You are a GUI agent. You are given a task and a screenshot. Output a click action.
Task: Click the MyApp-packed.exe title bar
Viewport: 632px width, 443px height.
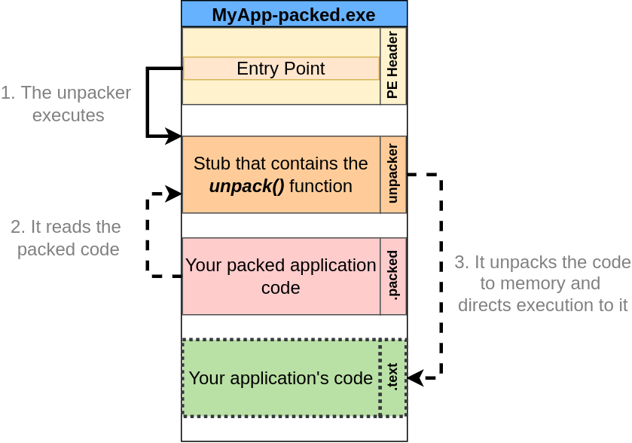pos(294,14)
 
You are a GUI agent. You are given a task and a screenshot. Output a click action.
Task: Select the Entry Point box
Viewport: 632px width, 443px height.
pos(281,69)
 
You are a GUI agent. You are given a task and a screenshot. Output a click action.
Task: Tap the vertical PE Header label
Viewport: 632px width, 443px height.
pos(392,66)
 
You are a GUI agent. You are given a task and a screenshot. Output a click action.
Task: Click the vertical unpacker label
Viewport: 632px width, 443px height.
pos(392,174)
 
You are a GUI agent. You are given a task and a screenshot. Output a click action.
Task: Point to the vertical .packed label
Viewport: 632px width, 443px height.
pos(392,276)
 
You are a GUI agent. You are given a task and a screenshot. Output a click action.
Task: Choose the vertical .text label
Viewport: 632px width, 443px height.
pos(392,377)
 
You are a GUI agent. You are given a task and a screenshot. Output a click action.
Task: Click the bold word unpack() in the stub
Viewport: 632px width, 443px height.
pos(246,186)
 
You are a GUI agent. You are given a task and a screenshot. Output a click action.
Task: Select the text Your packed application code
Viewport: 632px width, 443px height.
pos(280,276)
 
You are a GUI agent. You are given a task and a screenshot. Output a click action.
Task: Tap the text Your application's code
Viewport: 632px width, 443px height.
pos(280,378)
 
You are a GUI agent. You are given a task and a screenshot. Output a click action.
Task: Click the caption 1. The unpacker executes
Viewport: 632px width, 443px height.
pos(68,104)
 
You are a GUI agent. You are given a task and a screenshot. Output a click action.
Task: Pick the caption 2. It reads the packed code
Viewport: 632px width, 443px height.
pos(68,238)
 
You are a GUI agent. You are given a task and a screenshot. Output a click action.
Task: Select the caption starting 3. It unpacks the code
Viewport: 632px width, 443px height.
pos(542,283)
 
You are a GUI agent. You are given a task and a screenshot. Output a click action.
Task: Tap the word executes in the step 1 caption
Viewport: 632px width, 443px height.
pos(68,115)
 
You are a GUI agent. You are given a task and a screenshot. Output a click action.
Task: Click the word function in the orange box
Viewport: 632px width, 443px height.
pos(321,186)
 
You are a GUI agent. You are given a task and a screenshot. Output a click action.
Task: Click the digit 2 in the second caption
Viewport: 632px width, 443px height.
pos(17,227)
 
